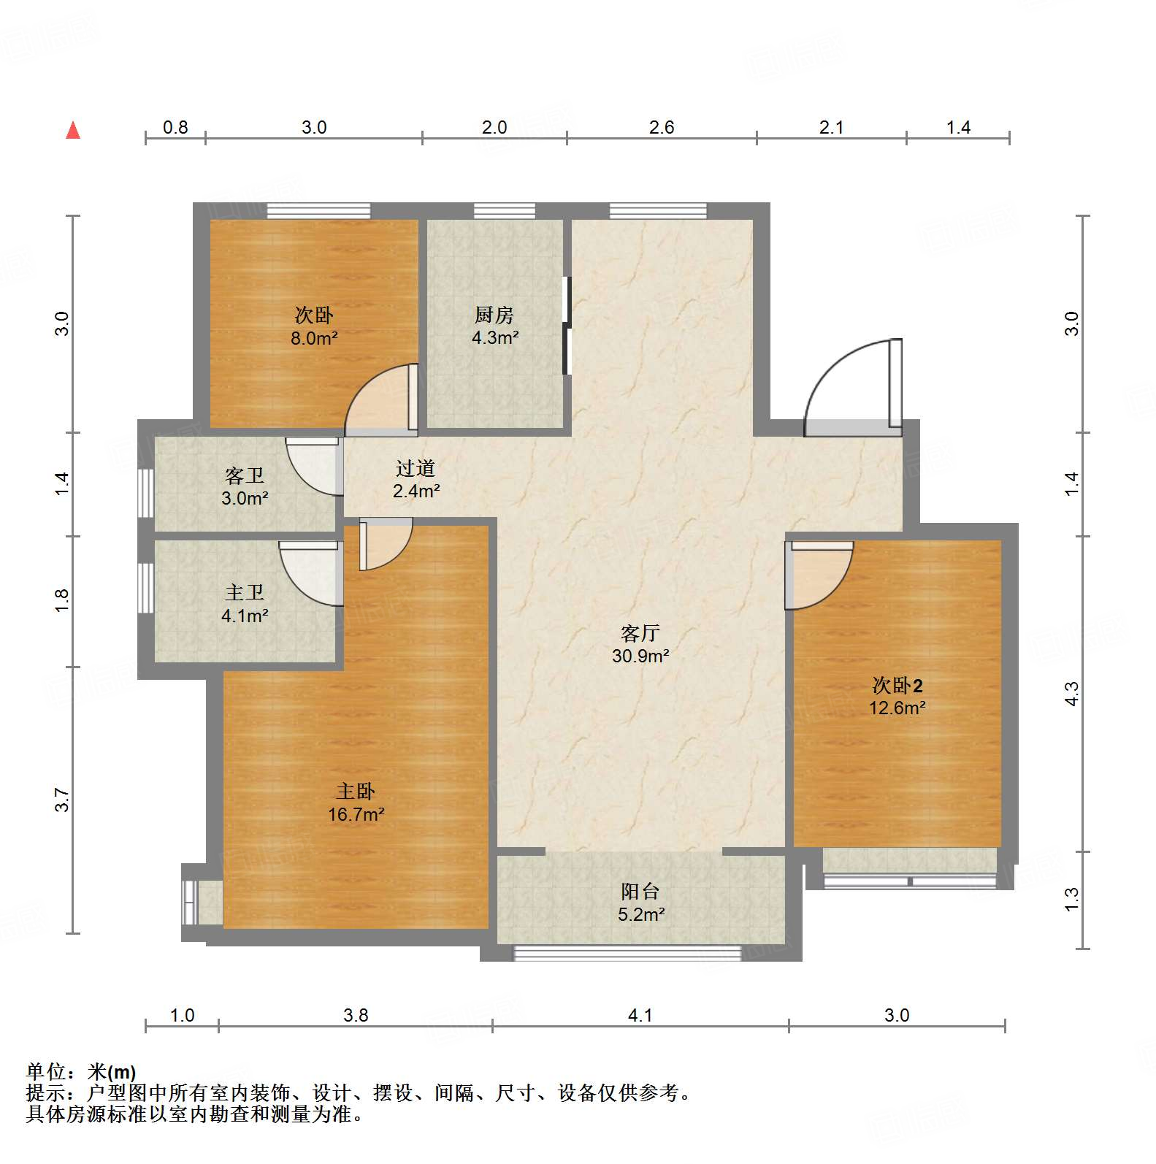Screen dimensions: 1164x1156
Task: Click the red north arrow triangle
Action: (x=73, y=131)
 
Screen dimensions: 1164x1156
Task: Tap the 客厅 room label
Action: (x=640, y=633)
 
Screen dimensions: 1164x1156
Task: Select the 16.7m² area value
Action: (x=356, y=814)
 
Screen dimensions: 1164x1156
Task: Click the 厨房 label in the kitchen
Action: (x=494, y=315)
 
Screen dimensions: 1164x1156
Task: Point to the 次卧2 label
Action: (x=897, y=686)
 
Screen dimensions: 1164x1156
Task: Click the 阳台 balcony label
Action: (x=640, y=892)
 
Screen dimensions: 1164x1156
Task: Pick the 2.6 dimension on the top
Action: (x=662, y=128)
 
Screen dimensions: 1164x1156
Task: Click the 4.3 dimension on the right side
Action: (x=1071, y=693)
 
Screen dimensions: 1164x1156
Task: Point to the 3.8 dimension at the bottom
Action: (x=356, y=1015)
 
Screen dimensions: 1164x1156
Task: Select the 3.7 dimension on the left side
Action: (x=63, y=800)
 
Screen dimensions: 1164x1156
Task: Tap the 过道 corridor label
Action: (x=416, y=468)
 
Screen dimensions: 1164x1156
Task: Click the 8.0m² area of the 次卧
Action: (x=314, y=338)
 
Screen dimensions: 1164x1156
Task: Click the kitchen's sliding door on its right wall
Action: (x=566, y=325)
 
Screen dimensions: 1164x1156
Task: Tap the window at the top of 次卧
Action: (x=318, y=211)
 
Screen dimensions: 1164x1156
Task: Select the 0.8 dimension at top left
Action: (x=175, y=128)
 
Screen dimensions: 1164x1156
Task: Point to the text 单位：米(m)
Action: (x=81, y=1072)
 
